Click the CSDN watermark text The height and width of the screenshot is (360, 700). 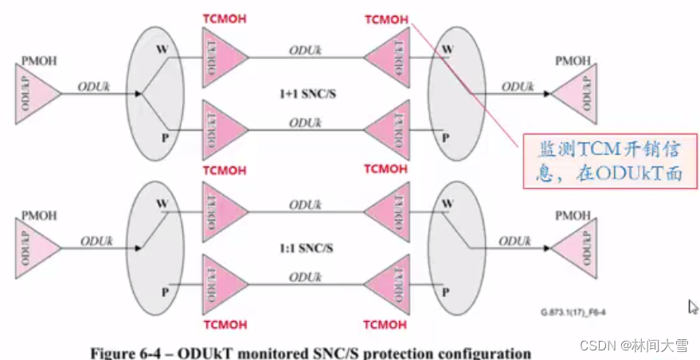pos(594,345)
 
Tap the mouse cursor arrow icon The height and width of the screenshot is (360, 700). pos(693,307)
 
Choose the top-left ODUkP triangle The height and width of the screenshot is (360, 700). pos(35,94)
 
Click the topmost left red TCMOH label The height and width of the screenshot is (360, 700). pos(225,18)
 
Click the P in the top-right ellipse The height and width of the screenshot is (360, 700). pos(446,136)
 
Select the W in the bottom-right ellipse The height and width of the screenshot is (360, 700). pos(446,203)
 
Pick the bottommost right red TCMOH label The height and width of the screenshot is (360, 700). pos(385,324)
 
